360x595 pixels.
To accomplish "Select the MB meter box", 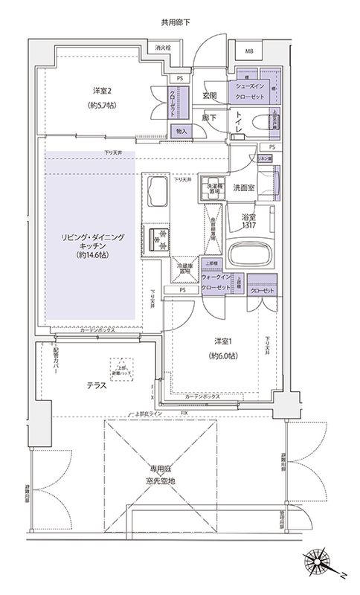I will click(x=248, y=51).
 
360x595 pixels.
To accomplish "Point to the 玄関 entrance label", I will click(x=209, y=96).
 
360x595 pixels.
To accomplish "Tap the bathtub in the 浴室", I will click(x=248, y=255).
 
